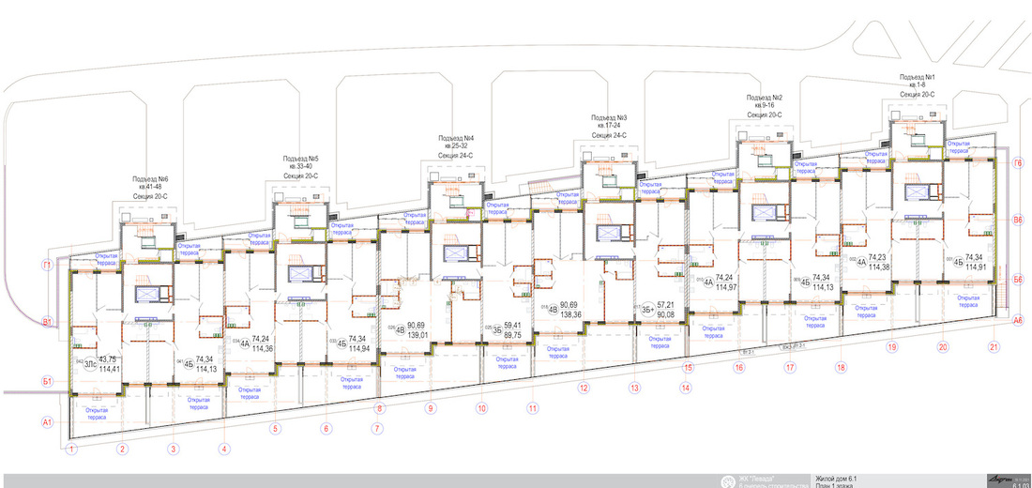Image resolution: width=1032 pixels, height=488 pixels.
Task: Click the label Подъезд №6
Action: pyautogui.click(x=150, y=179)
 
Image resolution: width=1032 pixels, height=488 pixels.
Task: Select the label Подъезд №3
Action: pyautogui.click(x=609, y=118)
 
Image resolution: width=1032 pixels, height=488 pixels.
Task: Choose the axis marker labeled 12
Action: pyautogui.click(x=583, y=387)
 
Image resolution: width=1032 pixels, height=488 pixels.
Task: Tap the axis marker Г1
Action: pyautogui.click(x=46, y=265)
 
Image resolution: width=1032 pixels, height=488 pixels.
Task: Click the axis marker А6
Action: pyautogui.click(x=1017, y=320)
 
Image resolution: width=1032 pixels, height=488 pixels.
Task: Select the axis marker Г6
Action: pyautogui.click(x=1017, y=163)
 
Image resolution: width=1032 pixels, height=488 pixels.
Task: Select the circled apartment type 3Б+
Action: pyautogui.click(x=645, y=312)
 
